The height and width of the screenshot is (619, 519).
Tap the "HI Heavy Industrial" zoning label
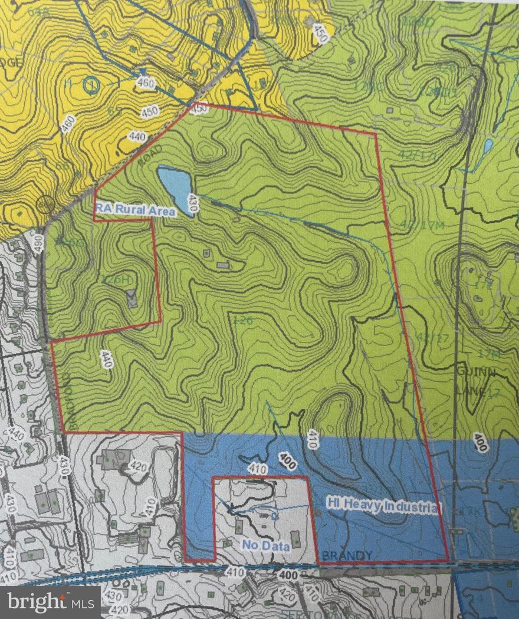click(x=383, y=505)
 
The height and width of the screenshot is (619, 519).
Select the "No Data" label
click(x=265, y=546)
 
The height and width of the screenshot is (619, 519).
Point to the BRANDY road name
click(x=347, y=555)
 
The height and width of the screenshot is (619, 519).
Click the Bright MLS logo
click(x=50, y=602)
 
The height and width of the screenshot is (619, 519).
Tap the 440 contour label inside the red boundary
click(x=106, y=360)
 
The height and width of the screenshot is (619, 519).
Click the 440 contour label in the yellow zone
click(x=137, y=137)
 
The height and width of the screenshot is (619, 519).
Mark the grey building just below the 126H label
click(x=132, y=300)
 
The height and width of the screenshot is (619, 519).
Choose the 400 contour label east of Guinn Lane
click(x=480, y=442)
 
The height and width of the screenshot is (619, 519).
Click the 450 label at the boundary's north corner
click(x=200, y=108)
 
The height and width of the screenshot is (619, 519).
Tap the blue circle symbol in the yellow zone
click(x=92, y=86)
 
